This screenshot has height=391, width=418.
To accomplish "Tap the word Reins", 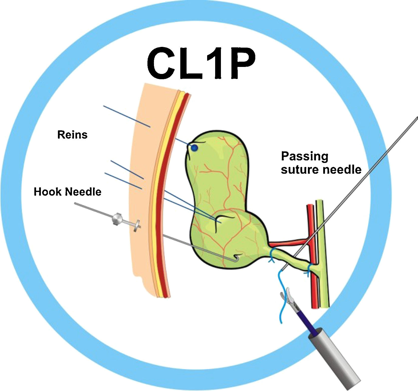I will (x=72, y=135).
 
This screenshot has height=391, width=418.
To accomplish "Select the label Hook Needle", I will (x=67, y=192).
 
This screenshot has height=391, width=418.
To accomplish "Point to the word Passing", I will (x=304, y=157).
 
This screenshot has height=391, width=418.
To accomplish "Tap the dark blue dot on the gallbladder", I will (x=194, y=148).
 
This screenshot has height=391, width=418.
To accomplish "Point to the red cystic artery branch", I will (x=288, y=242).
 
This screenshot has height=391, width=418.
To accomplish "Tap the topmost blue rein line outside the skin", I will (x=127, y=116).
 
